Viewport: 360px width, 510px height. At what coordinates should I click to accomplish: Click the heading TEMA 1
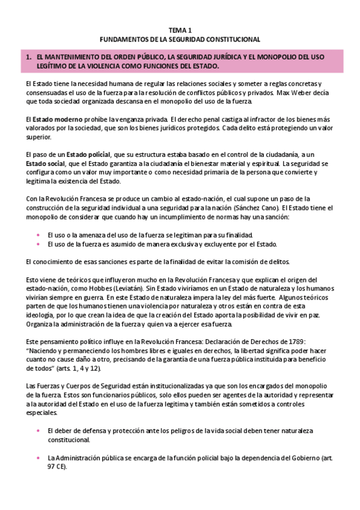pyautogui.click(x=180, y=29)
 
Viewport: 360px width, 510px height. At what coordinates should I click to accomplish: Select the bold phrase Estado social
pyautogui.click(x=47, y=164)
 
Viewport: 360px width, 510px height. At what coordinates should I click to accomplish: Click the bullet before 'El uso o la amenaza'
pyautogui.click(x=38, y=235)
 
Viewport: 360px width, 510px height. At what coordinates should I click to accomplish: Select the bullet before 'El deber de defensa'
pyautogui.click(x=38, y=431)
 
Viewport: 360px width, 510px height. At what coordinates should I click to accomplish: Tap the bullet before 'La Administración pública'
pyautogui.click(x=38, y=458)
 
